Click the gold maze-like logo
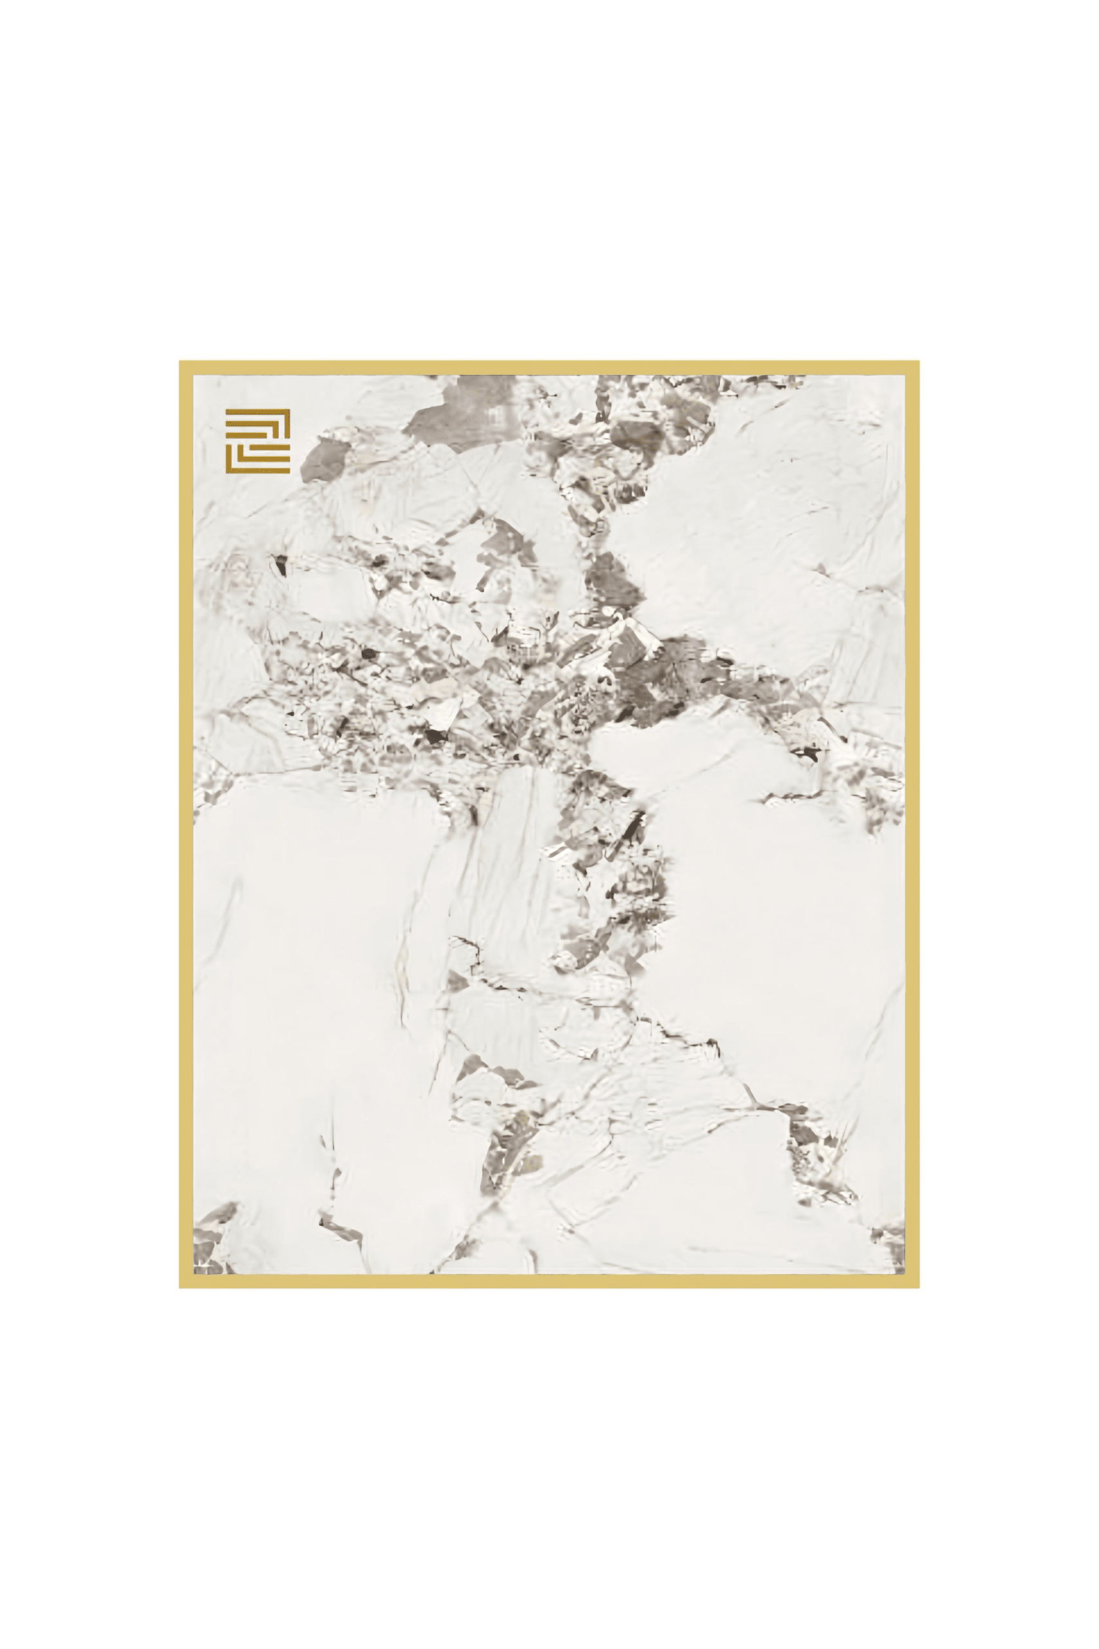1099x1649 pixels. coord(258,441)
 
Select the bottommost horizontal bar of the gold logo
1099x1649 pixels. coord(259,471)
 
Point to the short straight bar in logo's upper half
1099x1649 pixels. coord(247,436)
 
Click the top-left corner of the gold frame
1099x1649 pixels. coord(185,367)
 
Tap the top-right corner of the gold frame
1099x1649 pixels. coord(912,367)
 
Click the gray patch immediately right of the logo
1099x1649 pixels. coord(324,459)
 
